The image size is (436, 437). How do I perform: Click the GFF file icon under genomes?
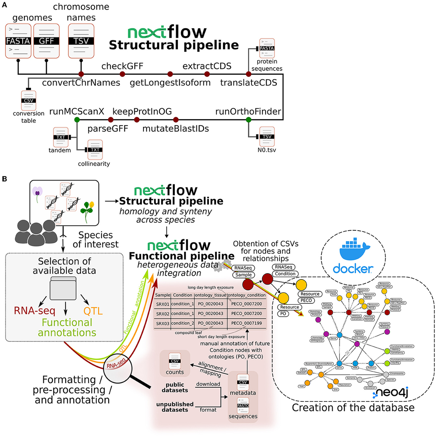click(x=46, y=41)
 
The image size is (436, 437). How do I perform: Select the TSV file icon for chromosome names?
click(x=81, y=41)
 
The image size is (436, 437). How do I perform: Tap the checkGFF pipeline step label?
click(x=122, y=66)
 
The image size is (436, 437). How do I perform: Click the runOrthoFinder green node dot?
click(x=249, y=120)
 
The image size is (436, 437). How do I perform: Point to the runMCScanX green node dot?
click(x=77, y=120)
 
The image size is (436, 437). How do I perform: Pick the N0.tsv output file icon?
click(x=267, y=137)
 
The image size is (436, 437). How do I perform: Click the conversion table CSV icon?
click(x=28, y=101)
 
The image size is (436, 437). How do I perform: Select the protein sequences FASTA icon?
click(x=267, y=48)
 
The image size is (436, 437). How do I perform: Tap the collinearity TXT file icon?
click(x=95, y=150)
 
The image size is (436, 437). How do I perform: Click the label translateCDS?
click(x=249, y=83)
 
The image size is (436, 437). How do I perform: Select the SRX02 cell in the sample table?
click(x=162, y=313)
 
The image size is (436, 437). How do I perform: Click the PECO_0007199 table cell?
click(x=246, y=323)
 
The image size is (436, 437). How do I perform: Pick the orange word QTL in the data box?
click(x=93, y=311)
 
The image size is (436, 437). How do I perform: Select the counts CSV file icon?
click(x=175, y=361)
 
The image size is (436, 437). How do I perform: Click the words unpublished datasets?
click(x=175, y=407)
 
